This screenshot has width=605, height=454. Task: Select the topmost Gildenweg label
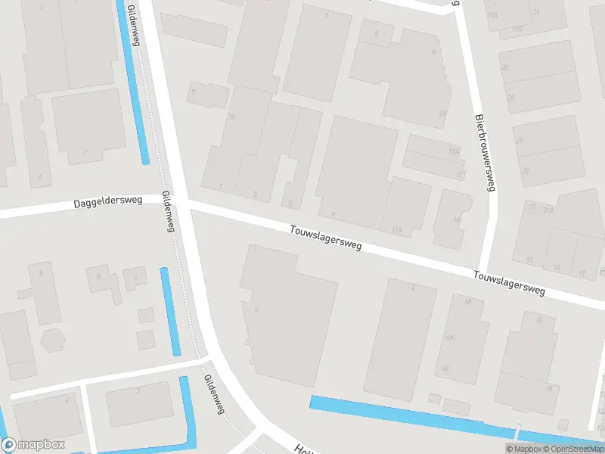[134, 24]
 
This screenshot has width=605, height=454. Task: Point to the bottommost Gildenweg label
[215, 394]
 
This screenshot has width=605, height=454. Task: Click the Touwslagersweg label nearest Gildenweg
[326, 238]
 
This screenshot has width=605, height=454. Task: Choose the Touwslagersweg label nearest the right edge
[510, 283]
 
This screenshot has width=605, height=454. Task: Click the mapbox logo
[33, 445]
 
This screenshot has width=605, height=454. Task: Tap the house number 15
[557, 267]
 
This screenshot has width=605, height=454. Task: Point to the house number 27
[520, 141]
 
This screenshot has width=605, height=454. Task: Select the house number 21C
[518, 29]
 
